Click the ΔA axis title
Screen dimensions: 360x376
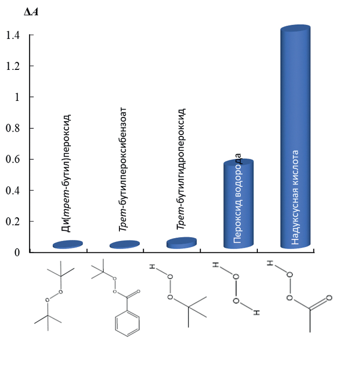coord(31,12)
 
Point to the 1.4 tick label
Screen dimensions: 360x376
coord(13,35)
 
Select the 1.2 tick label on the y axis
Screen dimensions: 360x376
coord(13,66)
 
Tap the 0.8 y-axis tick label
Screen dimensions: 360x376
coord(13,128)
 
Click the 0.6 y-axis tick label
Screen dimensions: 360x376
coord(13,159)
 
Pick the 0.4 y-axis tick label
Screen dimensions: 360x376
coord(13,191)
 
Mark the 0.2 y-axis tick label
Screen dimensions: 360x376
coord(13,222)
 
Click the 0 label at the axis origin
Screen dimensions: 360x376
coord(17,252)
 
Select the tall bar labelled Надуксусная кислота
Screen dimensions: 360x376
coord(295,136)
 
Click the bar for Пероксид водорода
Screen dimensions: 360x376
coord(238,203)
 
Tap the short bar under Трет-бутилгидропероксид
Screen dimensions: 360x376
coord(182,243)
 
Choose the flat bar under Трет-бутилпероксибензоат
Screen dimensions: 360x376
coord(125,244)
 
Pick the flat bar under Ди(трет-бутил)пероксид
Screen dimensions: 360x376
coord(68,244)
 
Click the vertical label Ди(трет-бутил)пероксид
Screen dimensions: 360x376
coord(66,173)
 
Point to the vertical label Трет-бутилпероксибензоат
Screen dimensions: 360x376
coord(123,169)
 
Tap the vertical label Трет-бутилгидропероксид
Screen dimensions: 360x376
coord(181,169)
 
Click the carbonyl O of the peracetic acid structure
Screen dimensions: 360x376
coord(329,298)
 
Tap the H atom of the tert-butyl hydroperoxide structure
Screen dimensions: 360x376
coord(152,267)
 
